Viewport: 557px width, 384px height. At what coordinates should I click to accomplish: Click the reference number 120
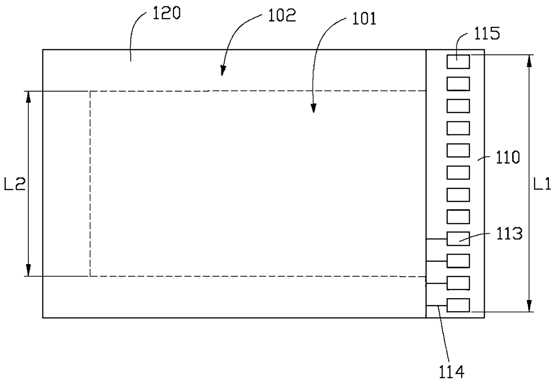166,13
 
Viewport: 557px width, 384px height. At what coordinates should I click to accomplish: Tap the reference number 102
282,15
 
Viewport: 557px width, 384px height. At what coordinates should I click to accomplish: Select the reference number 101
364,19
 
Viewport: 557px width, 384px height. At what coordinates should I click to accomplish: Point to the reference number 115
487,34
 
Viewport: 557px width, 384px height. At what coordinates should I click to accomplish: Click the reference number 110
508,157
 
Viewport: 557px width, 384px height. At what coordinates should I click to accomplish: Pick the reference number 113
509,234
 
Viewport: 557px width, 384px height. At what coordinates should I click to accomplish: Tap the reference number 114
451,372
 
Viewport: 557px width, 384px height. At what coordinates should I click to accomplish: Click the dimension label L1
542,185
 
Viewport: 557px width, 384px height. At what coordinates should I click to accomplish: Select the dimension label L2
15,184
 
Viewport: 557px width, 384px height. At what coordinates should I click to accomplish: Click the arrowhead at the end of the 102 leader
223,71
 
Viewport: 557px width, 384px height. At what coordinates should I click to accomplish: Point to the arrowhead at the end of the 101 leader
314,108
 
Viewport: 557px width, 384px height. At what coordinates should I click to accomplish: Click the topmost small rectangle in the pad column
458,62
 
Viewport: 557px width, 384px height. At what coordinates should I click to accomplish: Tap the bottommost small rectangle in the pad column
458,305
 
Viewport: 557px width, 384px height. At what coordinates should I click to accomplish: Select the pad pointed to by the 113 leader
458,238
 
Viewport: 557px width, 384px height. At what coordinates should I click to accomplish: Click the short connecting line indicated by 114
437,305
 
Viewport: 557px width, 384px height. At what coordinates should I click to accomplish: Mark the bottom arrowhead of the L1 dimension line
530,306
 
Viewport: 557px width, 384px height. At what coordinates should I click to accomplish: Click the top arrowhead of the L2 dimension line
28,97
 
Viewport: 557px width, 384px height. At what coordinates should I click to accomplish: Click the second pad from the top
458,84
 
